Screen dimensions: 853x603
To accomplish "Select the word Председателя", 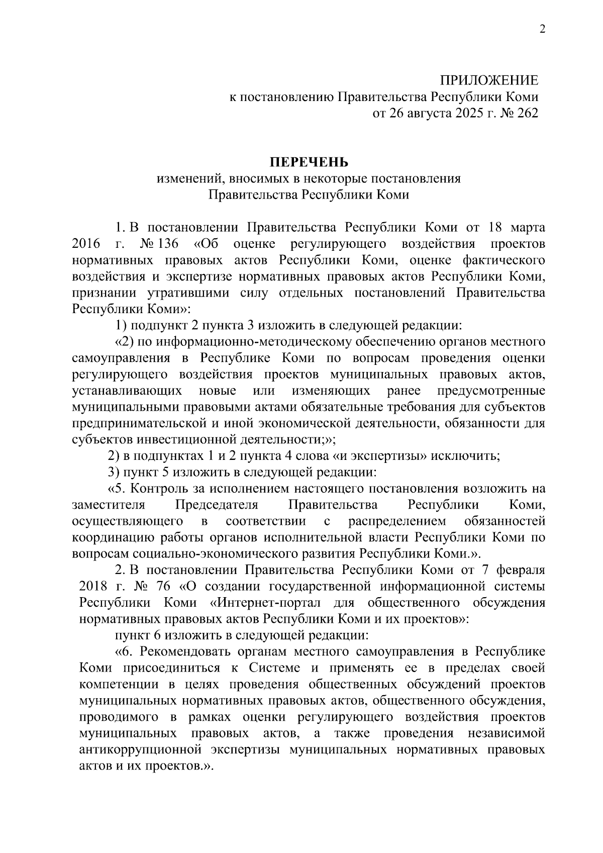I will pyautogui.click(x=217, y=505).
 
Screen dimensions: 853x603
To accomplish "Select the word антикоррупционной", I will pyautogui.click(x=138, y=750).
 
